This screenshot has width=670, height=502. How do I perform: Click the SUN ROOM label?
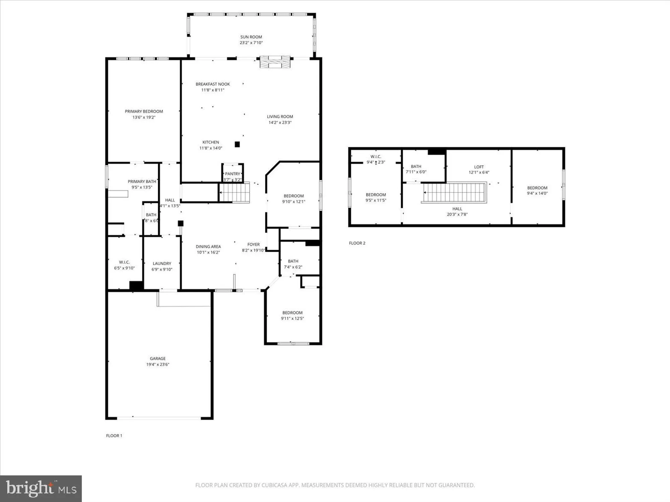[251, 37]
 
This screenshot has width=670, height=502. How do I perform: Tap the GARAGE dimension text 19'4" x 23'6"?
[157, 364]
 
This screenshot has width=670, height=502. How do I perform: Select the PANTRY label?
[232, 174]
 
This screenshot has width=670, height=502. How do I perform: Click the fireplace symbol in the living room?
[275, 62]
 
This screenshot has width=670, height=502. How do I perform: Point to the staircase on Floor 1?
[234, 192]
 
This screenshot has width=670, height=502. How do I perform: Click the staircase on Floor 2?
[454, 192]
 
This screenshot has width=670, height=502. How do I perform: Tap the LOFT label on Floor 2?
[479, 167]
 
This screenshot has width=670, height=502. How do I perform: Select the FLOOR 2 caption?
[357, 243]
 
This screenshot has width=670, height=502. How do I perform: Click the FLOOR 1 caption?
[114, 435]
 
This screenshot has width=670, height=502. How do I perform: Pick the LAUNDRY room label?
[162, 263]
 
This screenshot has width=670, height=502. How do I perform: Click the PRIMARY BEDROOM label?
[144, 111]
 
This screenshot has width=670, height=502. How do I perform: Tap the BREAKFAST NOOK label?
[213, 84]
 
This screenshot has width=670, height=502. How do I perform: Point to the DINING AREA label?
[208, 247]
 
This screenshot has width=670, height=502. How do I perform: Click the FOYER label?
[254, 244]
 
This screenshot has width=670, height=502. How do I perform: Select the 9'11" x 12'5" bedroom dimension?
[292, 318]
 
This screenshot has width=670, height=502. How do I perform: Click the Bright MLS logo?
[41, 489]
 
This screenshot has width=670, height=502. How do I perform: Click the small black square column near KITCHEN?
[237, 144]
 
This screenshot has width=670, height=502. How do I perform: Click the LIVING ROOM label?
[280, 116]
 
